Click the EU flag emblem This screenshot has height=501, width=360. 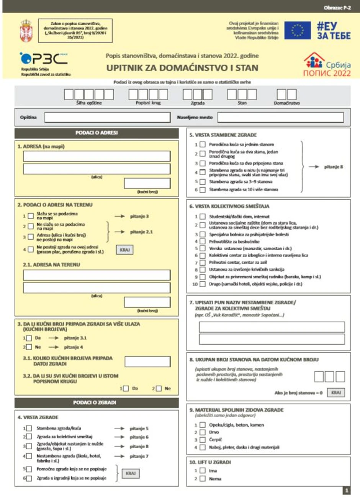298,30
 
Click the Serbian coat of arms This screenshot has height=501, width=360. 26,31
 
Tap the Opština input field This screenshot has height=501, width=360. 107,117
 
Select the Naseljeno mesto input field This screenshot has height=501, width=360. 280,117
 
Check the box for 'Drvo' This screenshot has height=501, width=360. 203,432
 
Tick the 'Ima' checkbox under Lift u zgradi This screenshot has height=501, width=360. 203,470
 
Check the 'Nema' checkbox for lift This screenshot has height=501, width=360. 203,479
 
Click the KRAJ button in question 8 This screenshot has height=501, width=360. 336,393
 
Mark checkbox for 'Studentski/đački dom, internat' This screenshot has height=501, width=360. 203,217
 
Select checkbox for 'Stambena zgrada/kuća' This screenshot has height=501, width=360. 29,429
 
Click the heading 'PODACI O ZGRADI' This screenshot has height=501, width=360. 97,402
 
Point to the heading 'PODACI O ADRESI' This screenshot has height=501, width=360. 97,133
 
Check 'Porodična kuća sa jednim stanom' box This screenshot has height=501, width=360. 203,145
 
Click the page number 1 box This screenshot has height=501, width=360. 347,490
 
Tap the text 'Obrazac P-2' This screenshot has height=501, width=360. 337,8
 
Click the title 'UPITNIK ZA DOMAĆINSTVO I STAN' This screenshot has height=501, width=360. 182,68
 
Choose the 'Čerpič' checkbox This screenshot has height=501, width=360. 203,440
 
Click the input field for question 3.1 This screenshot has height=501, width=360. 147,361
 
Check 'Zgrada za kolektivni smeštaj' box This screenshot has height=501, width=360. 29,437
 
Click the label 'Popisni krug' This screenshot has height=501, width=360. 148,103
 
